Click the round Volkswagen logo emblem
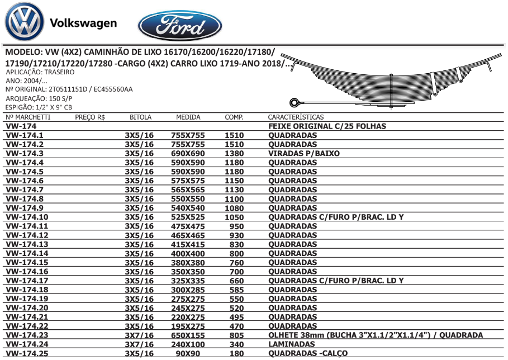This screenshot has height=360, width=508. pyautogui.click(x=23, y=23)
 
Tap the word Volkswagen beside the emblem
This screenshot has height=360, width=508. pyautogui.click(x=83, y=23)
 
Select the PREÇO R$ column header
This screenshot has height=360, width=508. pyautogui.click(x=90, y=117)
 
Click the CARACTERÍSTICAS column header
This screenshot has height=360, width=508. pyautogui.click(x=296, y=117)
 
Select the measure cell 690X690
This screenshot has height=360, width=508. pyautogui.click(x=188, y=153)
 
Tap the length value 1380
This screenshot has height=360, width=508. pyautogui.click(x=234, y=153)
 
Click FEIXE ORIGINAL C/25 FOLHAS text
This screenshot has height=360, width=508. pyautogui.click(x=327, y=126)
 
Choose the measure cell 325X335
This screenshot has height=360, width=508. pyautogui.click(x=188, y=281)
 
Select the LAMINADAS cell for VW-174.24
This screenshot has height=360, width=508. pyautogui.click(x=292, y=344)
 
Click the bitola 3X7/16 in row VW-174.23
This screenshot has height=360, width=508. pyautogui.click(x=139, y=335)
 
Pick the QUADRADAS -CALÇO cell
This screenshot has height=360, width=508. pyautogui.click(x=308, y=353)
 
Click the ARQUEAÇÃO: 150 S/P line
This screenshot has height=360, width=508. pyautogui.click(x=39, y=98)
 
